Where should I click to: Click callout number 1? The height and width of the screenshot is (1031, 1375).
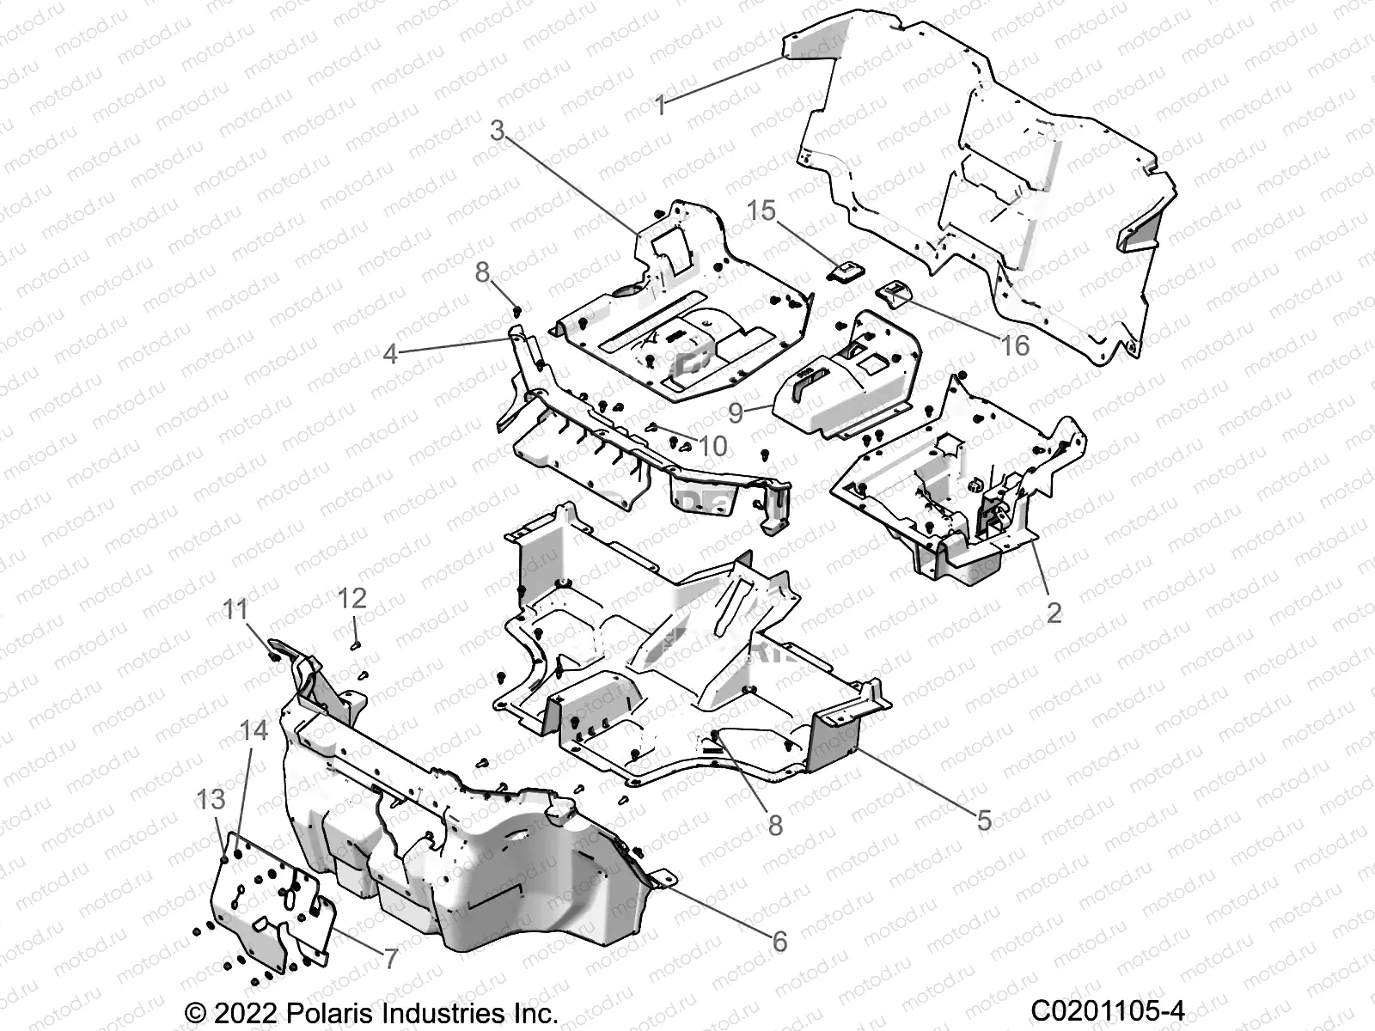(660, 106)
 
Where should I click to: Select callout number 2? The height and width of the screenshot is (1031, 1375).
(1054, 613)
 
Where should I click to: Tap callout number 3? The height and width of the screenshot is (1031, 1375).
(498, 131)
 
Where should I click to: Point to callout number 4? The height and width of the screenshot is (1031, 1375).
(391, 353)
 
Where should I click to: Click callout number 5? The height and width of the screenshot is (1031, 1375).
(984, 821)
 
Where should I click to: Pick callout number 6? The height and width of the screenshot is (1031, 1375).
(779, 942)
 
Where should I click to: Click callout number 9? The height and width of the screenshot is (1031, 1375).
(736, 412)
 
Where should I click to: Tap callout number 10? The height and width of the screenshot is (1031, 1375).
(712, 446)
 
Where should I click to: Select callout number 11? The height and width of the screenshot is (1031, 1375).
(235, 610)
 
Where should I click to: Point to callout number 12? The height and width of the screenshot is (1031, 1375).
(352, 598)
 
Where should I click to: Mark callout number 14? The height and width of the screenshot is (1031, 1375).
(254, 731)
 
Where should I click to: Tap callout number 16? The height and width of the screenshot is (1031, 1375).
(1015, 345)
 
